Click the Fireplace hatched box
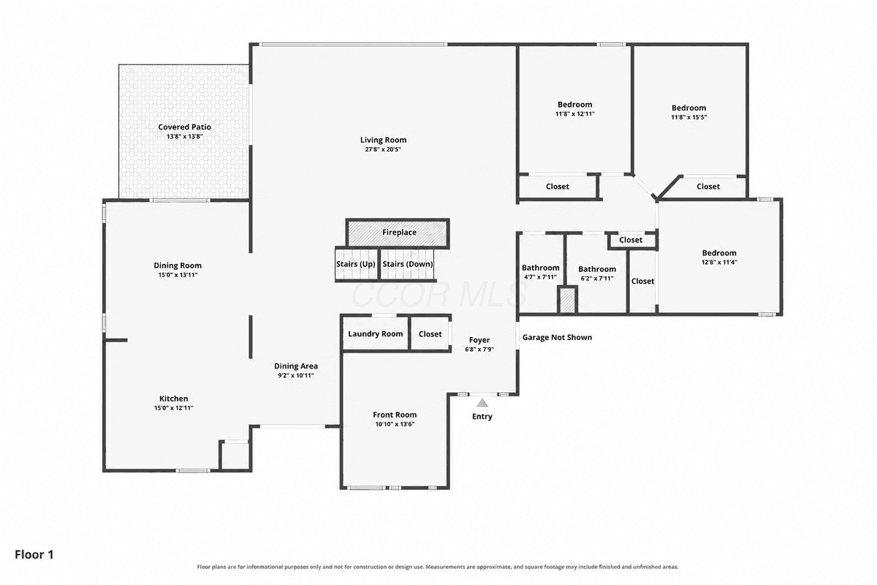pos(398,233)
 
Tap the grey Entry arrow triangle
pos(482,402)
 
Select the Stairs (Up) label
pos(355,264)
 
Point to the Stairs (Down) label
pos(408,264)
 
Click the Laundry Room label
pos(376,334)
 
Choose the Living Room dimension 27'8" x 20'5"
pos(383,149)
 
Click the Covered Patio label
pos(184,127)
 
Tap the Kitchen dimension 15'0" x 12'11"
pos(173,408)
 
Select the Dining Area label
pos(295,366)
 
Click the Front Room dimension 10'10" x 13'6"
pos(395,424)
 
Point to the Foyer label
pos(479,340)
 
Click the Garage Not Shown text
pos(557,337)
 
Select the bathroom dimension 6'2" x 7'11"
pos(596,279)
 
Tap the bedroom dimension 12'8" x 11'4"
pos(719,263)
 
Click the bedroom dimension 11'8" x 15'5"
pos(688,118)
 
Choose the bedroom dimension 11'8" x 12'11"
pos(574,114)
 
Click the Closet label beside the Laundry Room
pos(430,334)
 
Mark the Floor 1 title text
pos(34,554)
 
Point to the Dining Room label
pos(178,265)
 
